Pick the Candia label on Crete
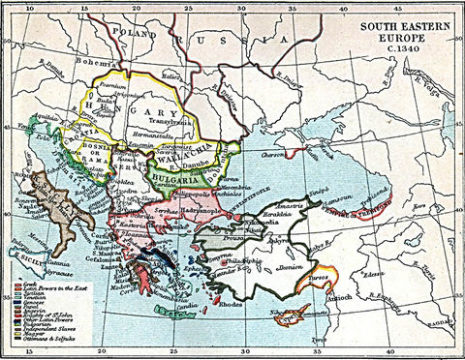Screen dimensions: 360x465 [187, 311]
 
